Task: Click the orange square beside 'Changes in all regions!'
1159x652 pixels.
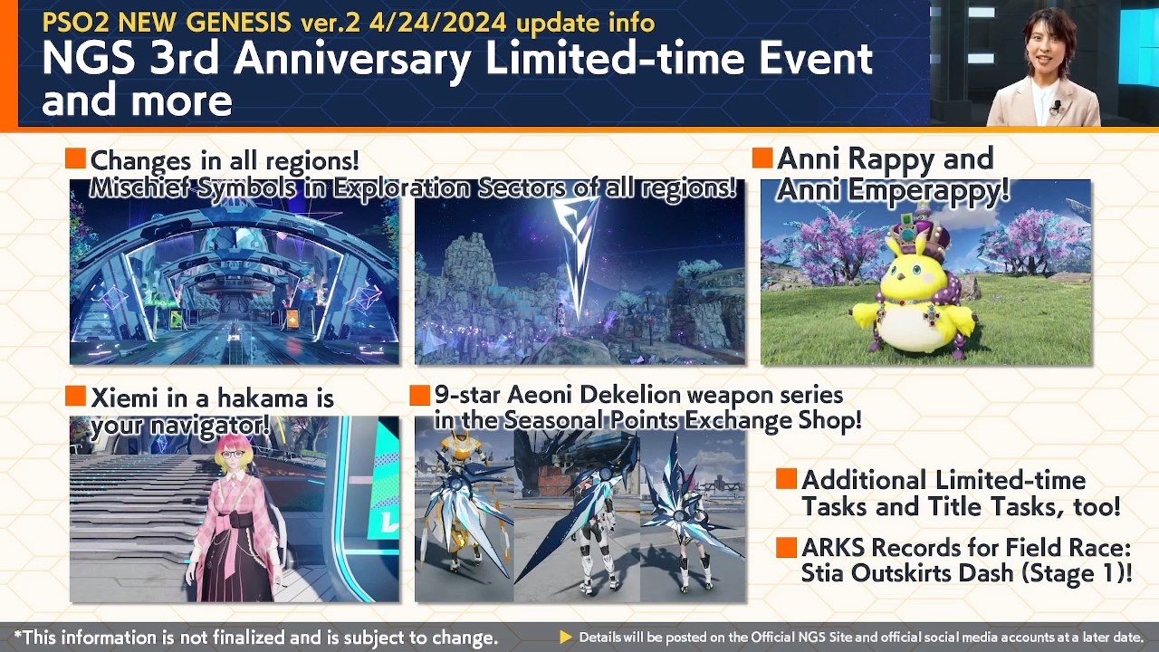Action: (76, 160)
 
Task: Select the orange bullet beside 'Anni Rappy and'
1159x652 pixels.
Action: (762, 158)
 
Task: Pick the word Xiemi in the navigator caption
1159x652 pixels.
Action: (125, 398)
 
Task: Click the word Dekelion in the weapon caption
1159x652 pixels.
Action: (623, 396)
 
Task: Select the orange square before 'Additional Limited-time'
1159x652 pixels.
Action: (786, 480)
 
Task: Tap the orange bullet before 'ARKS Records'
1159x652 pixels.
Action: (786, 548)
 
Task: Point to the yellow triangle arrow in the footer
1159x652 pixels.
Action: (566, 638)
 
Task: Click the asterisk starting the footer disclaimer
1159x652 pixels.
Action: (18, 636)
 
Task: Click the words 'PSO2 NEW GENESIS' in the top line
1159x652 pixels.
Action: (167, 21)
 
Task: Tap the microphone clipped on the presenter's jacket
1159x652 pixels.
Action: (1056, 108)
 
